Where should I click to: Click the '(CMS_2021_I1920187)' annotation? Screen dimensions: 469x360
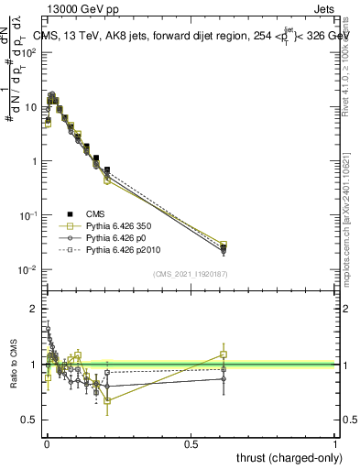[x=191, y=273]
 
